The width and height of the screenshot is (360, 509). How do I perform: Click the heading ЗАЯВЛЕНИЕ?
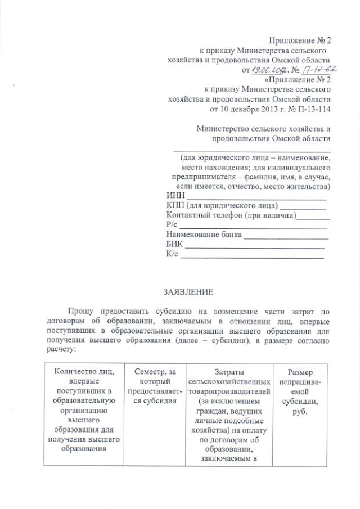pyautogui.click(x=188, y=293)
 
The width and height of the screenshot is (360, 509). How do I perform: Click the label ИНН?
pyautogui.click(x=175, y=195)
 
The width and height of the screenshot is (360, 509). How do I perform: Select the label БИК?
pyautogui.click(x=175, y=244)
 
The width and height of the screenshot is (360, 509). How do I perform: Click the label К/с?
pyautogui.click(x=173, y=254)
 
